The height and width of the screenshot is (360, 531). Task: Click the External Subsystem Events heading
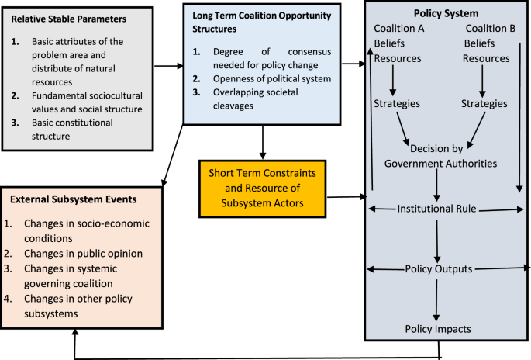[74, 199]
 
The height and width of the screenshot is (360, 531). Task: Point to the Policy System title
[445, 14]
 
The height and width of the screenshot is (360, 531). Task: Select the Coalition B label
[490, 29]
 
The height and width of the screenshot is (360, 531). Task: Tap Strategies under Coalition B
[484, 102]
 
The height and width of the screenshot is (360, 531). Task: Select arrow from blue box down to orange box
[264, 140]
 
